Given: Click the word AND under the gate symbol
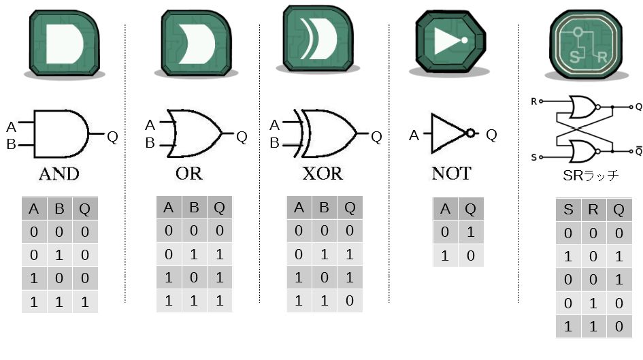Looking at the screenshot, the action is [x=59, y=174].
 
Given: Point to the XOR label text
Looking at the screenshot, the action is [x=323, y=173].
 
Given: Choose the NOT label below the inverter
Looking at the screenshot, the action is [x=450, y=174].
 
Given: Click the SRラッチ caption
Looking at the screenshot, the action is [x=587, y=176].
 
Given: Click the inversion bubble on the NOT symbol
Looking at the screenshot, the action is [x=469, y=134].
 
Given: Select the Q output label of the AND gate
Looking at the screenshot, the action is [x=112, y=137].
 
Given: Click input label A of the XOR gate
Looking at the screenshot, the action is [x=275, y=125].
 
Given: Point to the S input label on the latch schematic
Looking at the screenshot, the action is [x=533, y=157].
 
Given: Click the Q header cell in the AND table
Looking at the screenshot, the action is [x=84, y=209].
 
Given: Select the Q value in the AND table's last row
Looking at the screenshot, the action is [x=84, y=303].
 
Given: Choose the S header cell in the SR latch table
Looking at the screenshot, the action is [x=568, y=210].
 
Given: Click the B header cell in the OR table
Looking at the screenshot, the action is [x=193, y=208].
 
